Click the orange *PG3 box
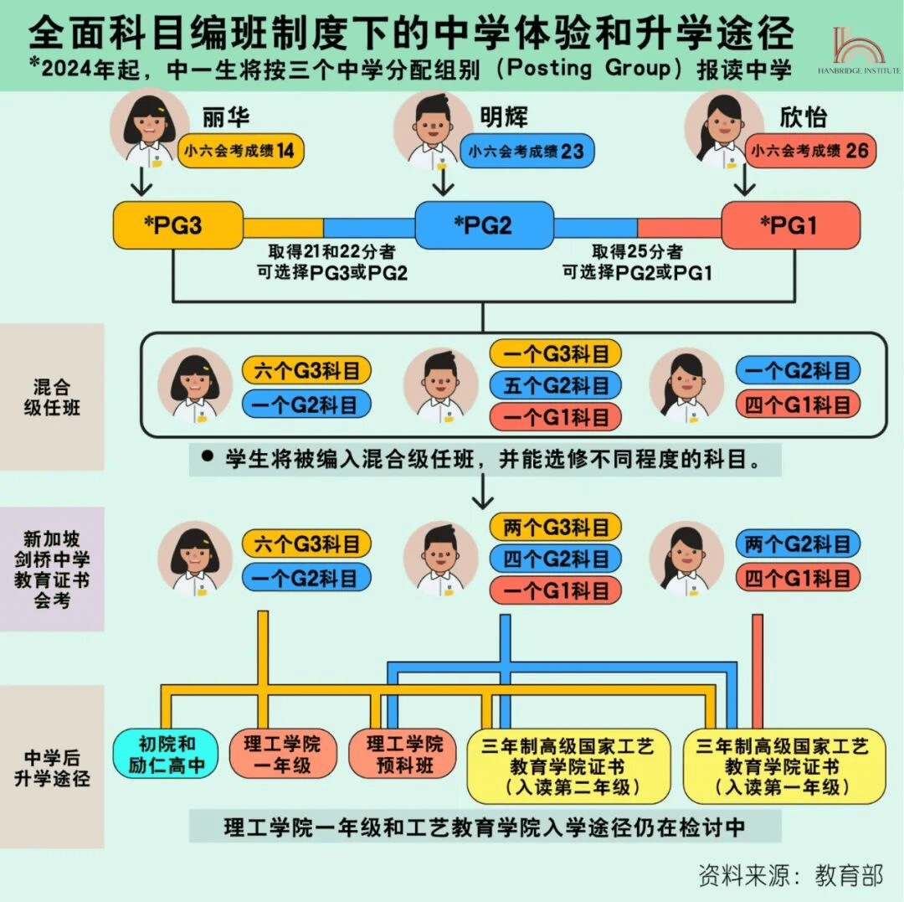177,225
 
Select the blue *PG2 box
484,225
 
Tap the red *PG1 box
790,225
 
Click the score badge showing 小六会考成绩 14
240,152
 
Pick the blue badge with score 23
526,152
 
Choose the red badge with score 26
811,152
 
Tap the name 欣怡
803,116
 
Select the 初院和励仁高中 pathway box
167,754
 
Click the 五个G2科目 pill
555,385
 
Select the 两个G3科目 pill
555,528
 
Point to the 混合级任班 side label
52,397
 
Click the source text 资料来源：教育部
790,875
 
